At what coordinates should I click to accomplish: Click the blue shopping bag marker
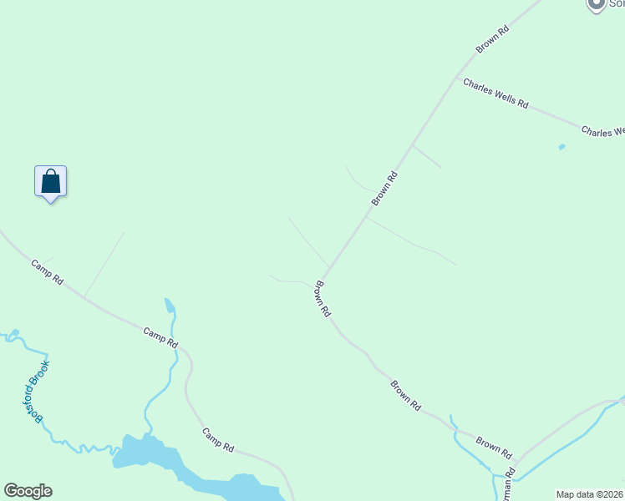point(50,181)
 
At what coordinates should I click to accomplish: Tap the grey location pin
point(596,5)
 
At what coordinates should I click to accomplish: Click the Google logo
point(28,491)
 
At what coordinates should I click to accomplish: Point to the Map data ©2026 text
point(590,494)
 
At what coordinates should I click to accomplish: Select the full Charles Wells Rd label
point(495,94)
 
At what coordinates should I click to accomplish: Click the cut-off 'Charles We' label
point(602,132)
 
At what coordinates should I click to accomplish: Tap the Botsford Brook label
point(38,392)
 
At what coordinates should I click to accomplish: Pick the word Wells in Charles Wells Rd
point(500,95)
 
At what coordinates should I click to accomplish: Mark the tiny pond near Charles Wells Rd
point(561,147)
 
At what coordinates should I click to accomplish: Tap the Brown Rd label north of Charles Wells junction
point(492,40)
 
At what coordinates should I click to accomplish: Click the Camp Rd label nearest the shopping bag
point(47,273)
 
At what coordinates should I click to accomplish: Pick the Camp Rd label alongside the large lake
point(217,440)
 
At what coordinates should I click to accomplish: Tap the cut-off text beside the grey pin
point(615,5)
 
